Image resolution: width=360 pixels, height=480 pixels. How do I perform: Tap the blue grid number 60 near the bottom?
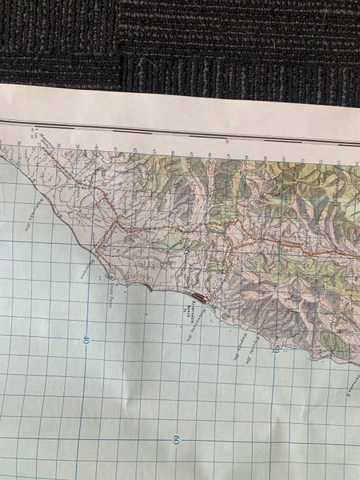175,439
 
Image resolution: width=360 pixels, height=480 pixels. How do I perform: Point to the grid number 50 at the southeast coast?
275,348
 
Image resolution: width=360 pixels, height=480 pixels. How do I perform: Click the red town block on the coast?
198,298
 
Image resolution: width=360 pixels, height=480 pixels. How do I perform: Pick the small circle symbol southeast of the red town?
226,317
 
